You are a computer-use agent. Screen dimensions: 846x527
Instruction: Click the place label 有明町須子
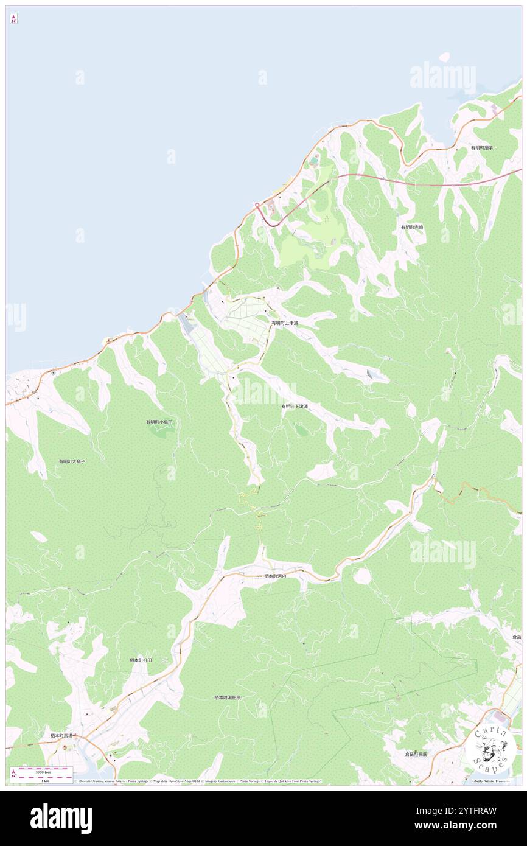click(x=481, y=148)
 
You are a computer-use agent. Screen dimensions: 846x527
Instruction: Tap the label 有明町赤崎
click(x=412, y=227)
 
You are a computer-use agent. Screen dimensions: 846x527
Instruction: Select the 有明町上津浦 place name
click(x=285, y=323)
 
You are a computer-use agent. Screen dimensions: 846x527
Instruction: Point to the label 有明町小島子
click(x=159, y=422)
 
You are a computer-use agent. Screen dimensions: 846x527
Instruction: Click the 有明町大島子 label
click(x=72, y=461)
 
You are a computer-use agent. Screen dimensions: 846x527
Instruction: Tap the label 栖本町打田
click(x=141, y=660)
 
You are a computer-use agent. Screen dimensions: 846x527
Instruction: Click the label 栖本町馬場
click(x=61, y=735)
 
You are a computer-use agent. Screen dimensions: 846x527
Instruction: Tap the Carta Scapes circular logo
click(x=490, y=747)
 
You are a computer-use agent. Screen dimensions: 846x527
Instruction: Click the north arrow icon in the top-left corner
click(x=13, y=19)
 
